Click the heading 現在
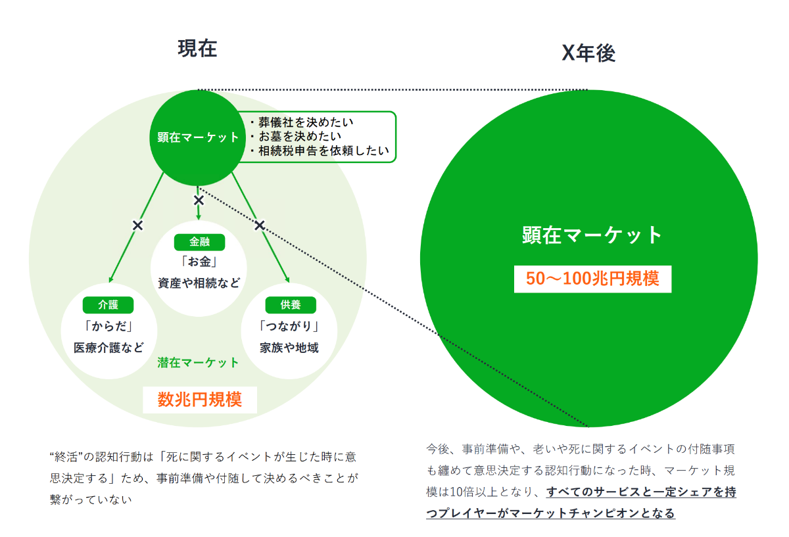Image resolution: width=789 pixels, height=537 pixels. click(x=197, y=49)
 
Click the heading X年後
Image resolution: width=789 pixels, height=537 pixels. click(x=588, y=53)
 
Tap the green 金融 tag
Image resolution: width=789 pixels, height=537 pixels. click(x=199, y=242)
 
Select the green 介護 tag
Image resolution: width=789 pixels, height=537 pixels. click(x=108, y=304)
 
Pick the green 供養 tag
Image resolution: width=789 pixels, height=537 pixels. click(x=291, y=304)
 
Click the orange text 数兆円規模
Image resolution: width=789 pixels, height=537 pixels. click(x=200, y=400)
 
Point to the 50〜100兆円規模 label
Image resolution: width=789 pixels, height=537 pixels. click(x=592, y=279)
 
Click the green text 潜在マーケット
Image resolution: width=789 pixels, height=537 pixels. click(x=198, y=362)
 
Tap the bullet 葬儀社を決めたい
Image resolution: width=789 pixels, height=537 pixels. click(x=302, y=122)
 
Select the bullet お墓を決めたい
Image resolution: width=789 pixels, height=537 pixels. click(x=297, y=136)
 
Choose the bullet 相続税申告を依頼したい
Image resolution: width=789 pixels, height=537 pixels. click(x=320, y=151)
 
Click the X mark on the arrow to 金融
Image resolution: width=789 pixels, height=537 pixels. click(x=199, y=200)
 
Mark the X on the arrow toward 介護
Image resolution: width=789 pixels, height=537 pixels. click(x=137, y=225)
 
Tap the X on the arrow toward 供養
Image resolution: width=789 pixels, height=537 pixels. click(x=260, y=225)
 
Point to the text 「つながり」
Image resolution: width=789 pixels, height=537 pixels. click(x=289, y=326)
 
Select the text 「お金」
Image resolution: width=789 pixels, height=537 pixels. click(x=199, y=262)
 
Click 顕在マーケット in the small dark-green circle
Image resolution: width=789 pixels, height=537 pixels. click(x=198, y=137)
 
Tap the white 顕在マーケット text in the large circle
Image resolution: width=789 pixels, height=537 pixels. click(x=592, y=235)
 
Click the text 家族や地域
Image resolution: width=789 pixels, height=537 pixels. click(x=289, y=348)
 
